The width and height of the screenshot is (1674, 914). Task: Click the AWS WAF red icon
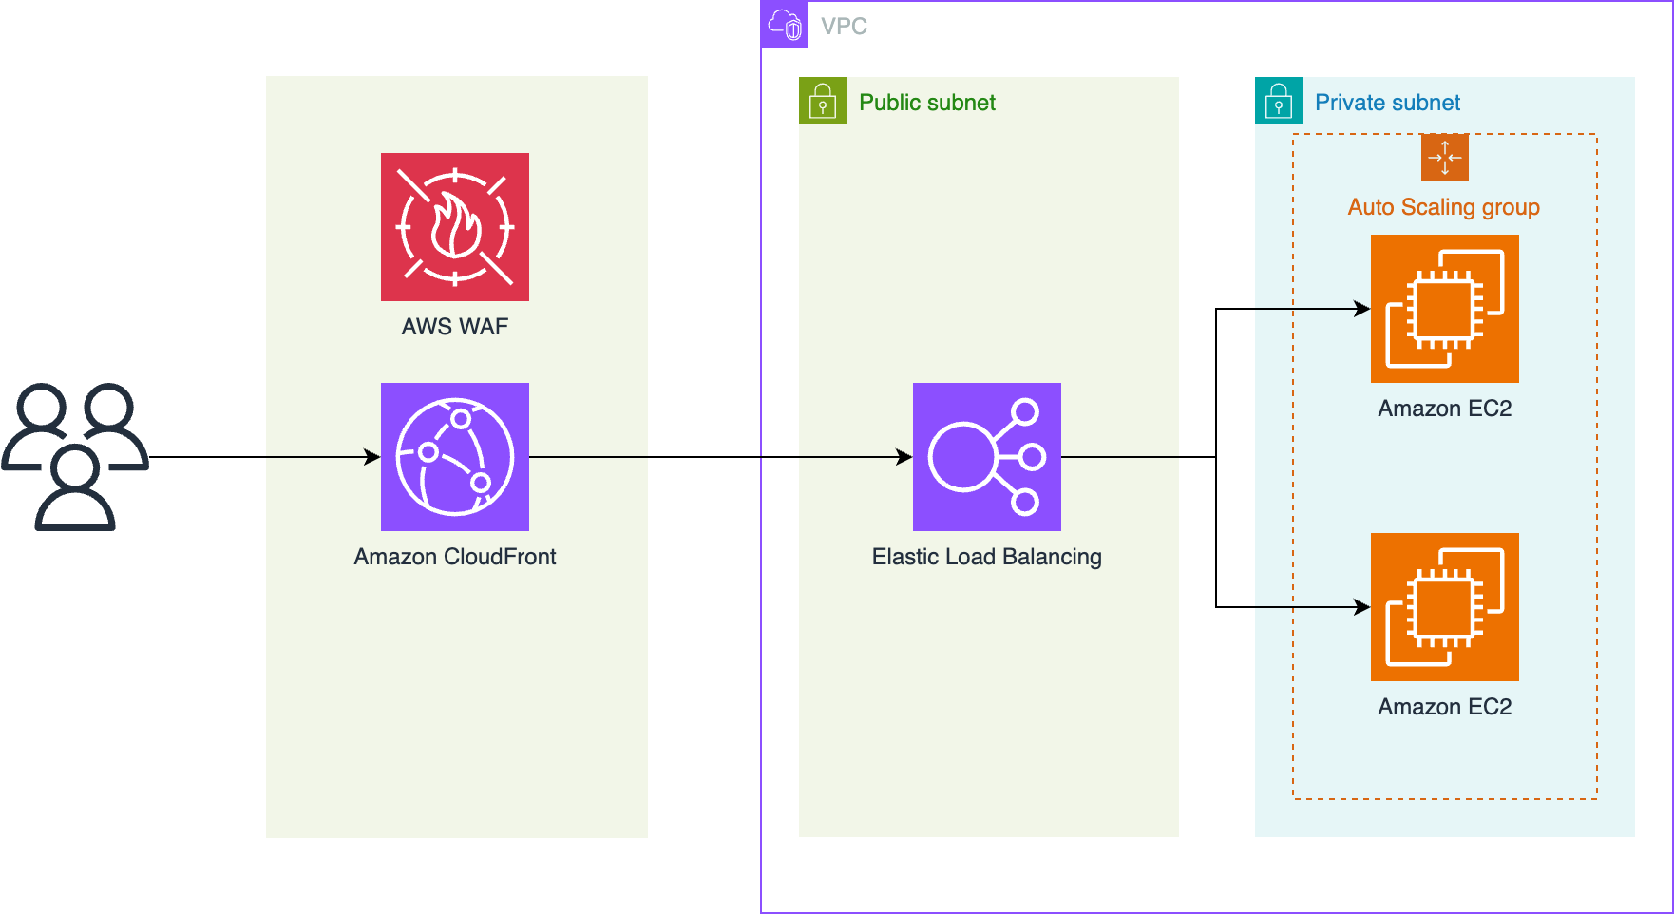pos(454,227)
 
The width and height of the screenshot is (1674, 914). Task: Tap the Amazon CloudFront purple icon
pos(454,457)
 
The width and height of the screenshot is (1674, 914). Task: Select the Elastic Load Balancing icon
pos(986,457)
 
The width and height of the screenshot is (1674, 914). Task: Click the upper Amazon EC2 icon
pos(1444,309)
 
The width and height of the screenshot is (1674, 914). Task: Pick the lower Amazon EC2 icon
pos(1444,607)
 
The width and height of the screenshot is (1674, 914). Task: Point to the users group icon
pos(75,457)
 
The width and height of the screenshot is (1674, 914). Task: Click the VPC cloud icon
pos(785,25)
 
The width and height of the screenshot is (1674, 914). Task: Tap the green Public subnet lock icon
pos(822,101)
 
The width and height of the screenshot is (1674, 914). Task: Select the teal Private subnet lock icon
pos(1278,101)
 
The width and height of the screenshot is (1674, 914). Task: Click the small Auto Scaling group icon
pos(1444,158)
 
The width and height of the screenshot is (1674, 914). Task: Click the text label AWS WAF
pos(454,327)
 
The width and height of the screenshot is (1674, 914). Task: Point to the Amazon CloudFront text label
pos(454,557)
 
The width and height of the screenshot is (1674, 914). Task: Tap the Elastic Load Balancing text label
pos(986,557)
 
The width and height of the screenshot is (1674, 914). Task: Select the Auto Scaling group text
pos(1443,207)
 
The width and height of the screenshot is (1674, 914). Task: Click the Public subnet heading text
pos(926,103)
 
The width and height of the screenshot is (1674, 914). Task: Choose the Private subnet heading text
pos(1387,103)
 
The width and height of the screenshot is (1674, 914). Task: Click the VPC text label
pos(844,27)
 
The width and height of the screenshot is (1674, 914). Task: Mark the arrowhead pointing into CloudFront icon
pos(373,457)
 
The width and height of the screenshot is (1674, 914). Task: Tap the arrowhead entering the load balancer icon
pos(905,457)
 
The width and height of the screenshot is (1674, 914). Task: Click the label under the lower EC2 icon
pos(1444,707)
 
